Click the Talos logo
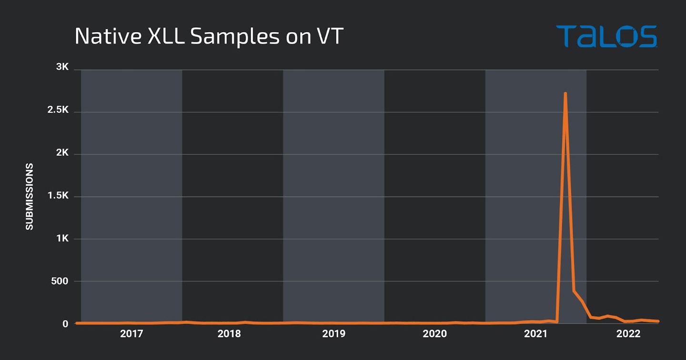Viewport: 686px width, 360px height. click(606, 37)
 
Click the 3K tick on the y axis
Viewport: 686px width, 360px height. click(62, 68)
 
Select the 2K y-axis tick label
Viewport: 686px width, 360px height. click(62, 153)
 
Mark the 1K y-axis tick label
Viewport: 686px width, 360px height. click(62, 239)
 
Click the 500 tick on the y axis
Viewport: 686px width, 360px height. click(60, 281)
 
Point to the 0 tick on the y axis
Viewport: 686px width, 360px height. click(66, 324)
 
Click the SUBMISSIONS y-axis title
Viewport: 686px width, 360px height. click(30, 197)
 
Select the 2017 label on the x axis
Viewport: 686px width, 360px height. click(131, 334)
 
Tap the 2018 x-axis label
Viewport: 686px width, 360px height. click(229, 334)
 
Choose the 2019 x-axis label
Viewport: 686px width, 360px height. click(333, 334)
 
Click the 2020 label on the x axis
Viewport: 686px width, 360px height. click(434, 334)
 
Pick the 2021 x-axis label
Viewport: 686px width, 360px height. click(535, 334)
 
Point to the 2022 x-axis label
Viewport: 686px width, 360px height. click(628, 334)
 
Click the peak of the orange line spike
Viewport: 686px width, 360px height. click(565, 94)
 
